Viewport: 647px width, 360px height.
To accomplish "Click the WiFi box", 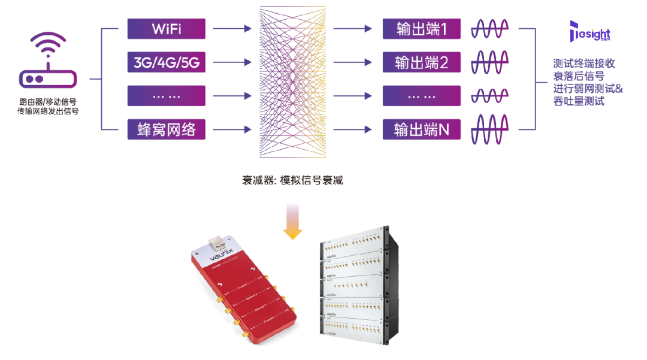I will point(167,28).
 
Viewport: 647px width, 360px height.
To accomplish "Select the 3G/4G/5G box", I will point(167,62).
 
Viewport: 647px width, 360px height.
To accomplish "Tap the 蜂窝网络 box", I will point(167,129).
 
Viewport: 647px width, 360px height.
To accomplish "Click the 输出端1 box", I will point(422,28).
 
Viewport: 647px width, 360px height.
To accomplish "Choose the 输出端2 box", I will point(422,62).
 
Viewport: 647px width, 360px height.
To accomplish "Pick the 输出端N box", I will point(422,129).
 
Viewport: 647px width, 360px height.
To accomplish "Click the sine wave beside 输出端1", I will point(492,28).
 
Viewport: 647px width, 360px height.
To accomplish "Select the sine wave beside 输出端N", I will point(492,130).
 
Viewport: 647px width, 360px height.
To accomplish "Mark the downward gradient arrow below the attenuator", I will point(292,221).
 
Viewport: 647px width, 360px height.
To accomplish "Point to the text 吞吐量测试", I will point(578,102).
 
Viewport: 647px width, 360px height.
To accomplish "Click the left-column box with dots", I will point(167,96).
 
